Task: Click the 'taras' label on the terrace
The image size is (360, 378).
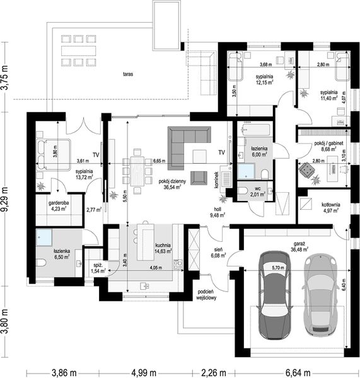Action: [128, 74]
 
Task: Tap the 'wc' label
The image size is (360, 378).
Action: [257, 188]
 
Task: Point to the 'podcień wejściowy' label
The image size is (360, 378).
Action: [207, 295]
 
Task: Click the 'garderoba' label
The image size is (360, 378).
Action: [58, 203]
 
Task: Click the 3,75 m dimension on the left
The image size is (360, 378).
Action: [6, 76]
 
